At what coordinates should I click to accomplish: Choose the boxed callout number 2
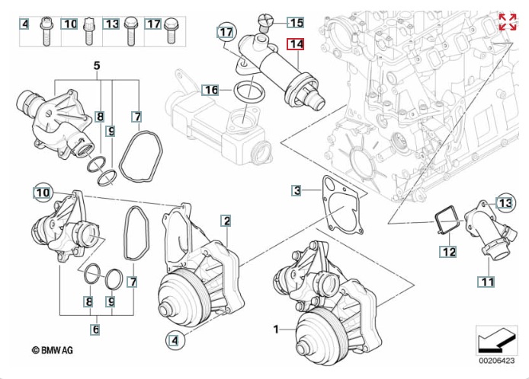(x=226, y=221)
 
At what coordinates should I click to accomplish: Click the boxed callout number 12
(x=447, y=250)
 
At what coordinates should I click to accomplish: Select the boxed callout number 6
(x=95, y=330)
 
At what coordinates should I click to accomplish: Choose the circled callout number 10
(x=42, y=193)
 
